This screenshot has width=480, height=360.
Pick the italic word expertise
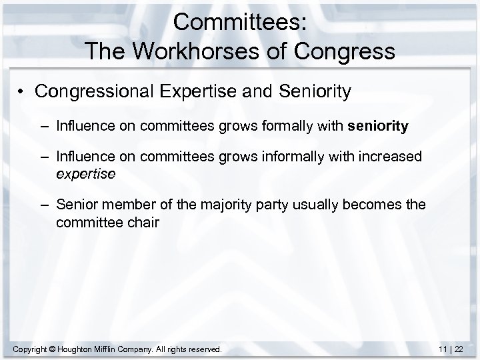[x=86, y=174]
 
